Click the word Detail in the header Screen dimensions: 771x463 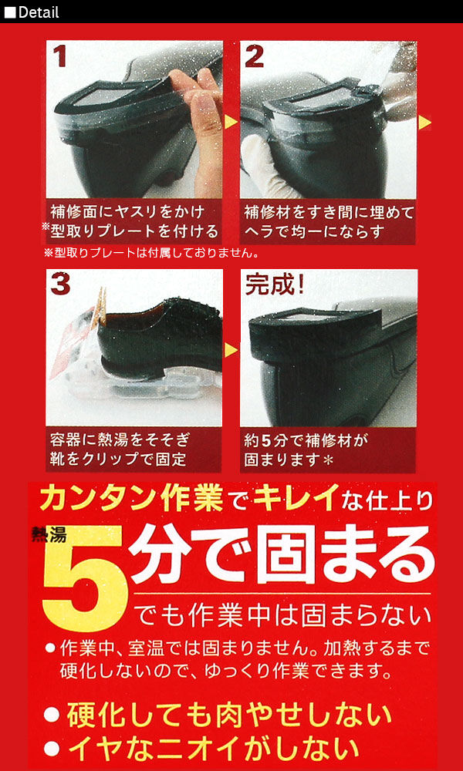[38, 12]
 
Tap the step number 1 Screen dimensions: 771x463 [62, 56]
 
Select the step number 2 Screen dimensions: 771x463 [255, 56]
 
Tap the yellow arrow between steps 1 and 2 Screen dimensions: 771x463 [230, 123]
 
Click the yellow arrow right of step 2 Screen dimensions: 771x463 [424, 123]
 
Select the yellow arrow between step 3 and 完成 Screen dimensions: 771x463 [230, 350]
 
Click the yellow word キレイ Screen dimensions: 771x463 [297, 499]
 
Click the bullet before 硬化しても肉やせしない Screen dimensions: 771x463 [52, 714]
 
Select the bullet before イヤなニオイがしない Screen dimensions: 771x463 [52, 748]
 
